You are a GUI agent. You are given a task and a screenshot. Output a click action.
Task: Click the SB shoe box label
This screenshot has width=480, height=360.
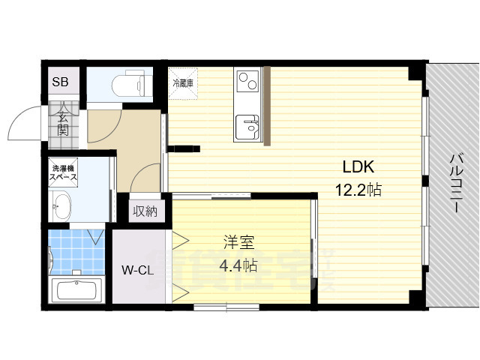tap(59, 80)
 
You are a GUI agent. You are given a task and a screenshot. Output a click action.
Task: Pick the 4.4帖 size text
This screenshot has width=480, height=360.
tap(239, 265)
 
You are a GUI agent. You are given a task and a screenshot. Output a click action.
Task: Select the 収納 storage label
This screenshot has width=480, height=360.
tap(145, 211)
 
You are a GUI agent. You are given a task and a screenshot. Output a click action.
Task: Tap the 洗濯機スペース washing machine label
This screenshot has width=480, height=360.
tap(64, 173)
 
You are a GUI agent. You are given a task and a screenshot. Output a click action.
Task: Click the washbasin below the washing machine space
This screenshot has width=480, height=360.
tap(61, 204)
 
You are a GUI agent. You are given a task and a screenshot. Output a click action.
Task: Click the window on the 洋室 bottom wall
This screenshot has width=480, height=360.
tap(226, 306)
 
